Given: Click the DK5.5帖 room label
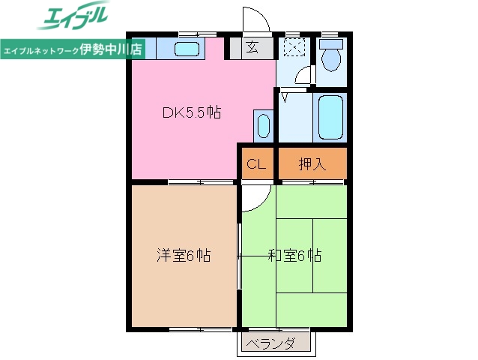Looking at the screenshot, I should (191, 113).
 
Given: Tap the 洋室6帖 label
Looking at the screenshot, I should (183, 256).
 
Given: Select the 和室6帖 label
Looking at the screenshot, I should (294, 256).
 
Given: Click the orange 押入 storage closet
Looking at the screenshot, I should (312, 163).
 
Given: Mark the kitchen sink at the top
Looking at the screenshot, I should (187, 50).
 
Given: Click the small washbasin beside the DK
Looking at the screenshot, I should (262, 125).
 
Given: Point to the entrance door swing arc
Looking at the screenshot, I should (252, 20).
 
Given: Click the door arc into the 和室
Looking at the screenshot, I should (255, 196).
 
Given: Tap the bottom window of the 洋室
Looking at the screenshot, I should (199, 328).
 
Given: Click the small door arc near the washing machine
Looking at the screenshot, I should (303, 76).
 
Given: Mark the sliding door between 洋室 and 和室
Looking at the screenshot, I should (239, 256).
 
